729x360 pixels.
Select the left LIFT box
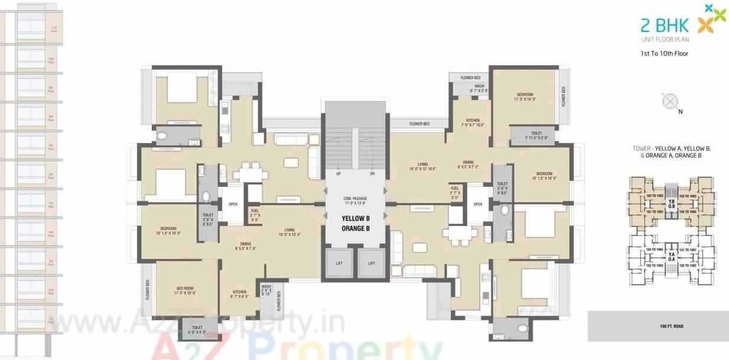pos(340,262)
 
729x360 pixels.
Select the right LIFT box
pos(372,262)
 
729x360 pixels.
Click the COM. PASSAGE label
pos(355,200)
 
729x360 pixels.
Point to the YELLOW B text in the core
pos(355,218)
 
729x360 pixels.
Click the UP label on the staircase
pos(338,174)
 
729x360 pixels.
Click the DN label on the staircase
pos(372,174)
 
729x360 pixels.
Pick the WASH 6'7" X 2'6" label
pos(479,89)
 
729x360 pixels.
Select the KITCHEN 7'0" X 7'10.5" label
pos(472,123)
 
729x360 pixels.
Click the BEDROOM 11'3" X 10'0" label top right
pos(525,97)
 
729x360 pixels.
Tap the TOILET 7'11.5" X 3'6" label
pos(536,135)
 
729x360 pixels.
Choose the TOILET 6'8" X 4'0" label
pos(197,329)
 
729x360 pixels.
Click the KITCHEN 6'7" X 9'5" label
pos(239,294)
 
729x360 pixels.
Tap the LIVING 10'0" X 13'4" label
pos(289,232)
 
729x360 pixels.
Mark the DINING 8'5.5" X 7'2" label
pos(467,165)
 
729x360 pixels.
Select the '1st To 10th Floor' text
pos(664,53)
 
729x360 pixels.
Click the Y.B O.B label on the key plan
pos(671,204)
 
